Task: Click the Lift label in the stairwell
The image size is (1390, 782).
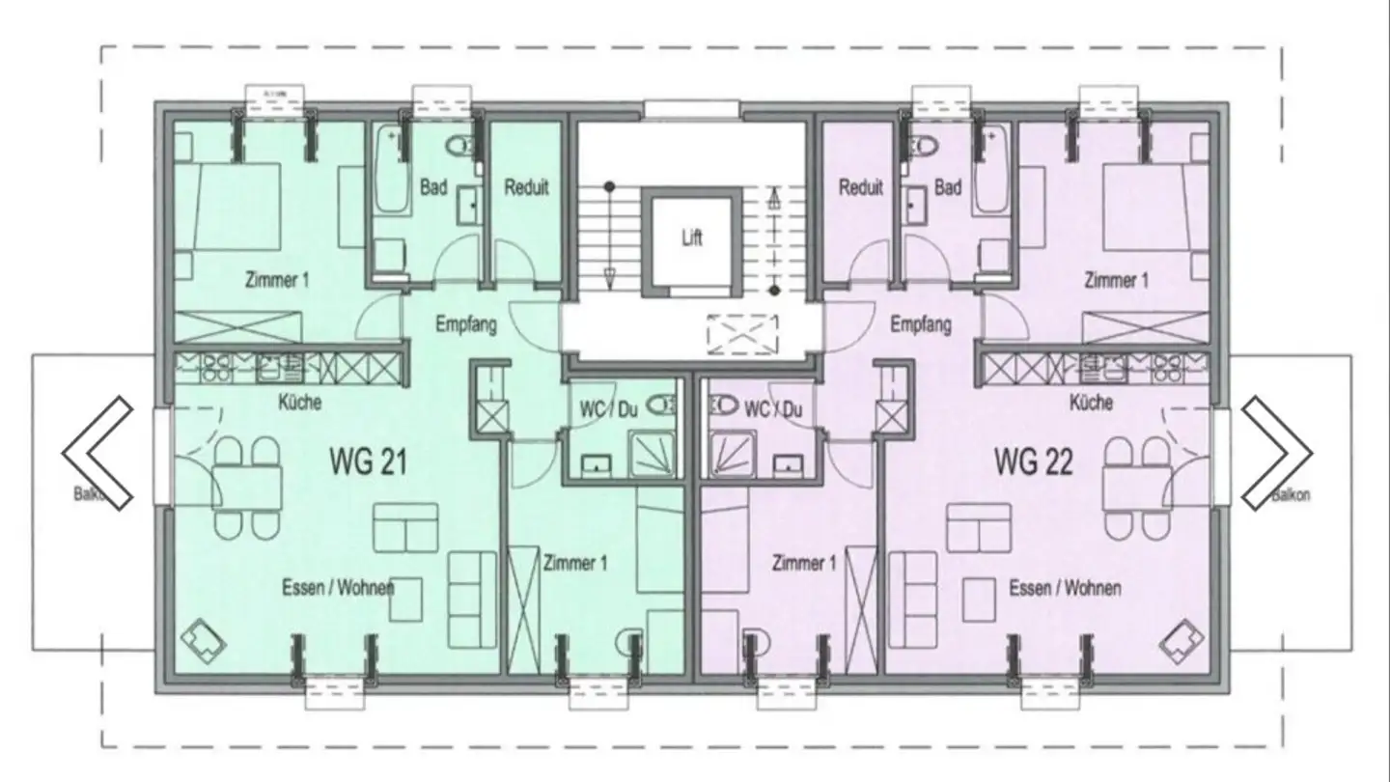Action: [x=692, y=238]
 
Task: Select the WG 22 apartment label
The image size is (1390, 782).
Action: [x=1033, y=463]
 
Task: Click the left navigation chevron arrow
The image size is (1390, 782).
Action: [x=97, y=452]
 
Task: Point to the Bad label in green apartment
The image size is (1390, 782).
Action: [x=433, y=187]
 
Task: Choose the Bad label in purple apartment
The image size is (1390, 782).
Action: [x=948, y=187]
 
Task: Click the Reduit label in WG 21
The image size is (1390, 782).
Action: [x=526, y=187]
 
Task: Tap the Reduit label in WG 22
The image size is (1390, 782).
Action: [x=860, y=187]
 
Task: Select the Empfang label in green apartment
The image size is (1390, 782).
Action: [x=465, y=324]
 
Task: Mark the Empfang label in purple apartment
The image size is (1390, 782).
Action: [x=921, y=324]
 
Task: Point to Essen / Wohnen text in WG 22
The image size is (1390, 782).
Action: [x=1065, y=587]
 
